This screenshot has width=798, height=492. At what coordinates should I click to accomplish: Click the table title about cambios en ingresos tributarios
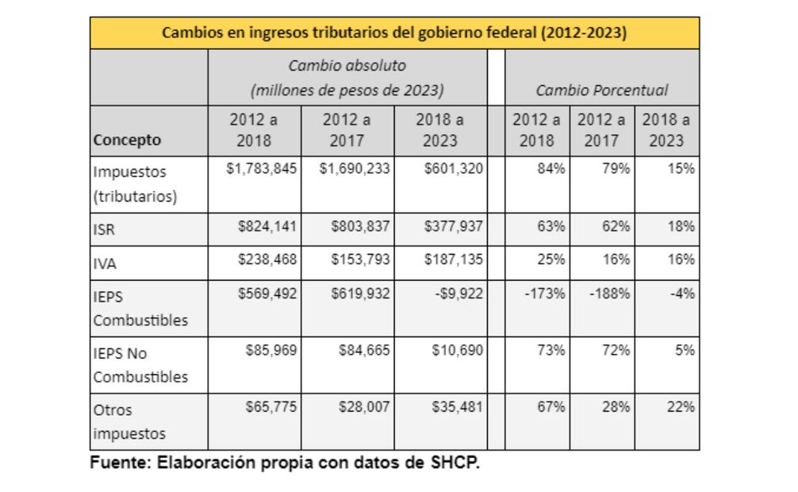[394, 33]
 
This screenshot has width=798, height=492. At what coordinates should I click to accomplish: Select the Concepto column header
[127, 140]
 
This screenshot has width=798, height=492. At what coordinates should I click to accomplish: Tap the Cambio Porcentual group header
[601, 90]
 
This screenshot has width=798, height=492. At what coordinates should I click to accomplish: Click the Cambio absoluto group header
[347, 78]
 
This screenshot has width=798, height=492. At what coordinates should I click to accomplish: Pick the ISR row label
[105, 230]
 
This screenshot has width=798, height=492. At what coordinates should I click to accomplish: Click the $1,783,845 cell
[261, 168]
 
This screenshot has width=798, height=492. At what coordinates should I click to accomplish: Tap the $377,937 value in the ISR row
[453, 226]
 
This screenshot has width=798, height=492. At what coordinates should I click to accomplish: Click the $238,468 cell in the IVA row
[267, 259]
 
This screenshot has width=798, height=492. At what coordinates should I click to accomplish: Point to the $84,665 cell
[360, 350]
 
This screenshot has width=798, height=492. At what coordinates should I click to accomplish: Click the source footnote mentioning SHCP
[285, 463]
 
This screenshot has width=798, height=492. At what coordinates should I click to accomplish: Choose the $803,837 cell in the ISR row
[360, 226]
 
